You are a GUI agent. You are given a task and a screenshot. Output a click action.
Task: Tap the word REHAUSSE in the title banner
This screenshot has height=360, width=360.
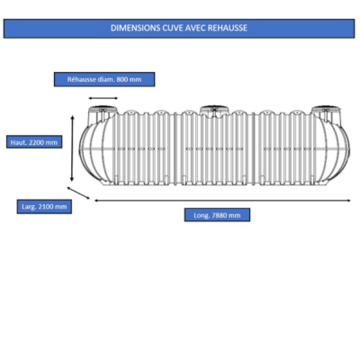click(227, 28)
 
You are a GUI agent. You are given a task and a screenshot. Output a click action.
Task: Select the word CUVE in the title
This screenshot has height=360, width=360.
click(173, 28)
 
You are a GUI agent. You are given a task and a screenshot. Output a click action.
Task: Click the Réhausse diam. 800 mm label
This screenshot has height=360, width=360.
click(104, 79)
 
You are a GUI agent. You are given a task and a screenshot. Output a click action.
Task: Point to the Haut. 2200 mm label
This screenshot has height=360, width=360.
click(34, 142)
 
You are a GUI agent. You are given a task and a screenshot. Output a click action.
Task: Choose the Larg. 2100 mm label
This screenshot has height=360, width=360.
click(44, 207)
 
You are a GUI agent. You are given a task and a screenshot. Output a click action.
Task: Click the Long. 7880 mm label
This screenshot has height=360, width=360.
click(217, 215)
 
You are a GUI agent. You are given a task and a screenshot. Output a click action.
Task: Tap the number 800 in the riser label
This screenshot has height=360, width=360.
click(121, 80)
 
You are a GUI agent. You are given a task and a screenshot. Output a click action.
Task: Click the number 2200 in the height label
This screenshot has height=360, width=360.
click(37, 142)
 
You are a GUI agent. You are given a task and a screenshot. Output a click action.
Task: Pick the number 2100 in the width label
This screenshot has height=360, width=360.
click(46, 207)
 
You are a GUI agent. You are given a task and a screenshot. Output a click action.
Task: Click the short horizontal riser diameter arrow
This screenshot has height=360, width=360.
click(103, 98)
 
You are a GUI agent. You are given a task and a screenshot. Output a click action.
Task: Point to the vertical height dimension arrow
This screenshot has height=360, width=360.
click(72, 148)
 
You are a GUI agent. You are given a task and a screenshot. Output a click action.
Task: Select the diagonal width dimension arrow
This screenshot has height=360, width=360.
click(78, 193)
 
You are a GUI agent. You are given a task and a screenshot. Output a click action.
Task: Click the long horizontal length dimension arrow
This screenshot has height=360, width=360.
click(222, 201)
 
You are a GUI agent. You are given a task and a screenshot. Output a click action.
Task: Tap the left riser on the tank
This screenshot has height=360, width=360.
click(102, 115)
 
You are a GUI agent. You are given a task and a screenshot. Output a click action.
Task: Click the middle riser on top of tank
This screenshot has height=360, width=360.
click(213, 110)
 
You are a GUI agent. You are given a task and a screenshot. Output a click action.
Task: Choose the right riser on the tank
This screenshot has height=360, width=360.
click(326, 115)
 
